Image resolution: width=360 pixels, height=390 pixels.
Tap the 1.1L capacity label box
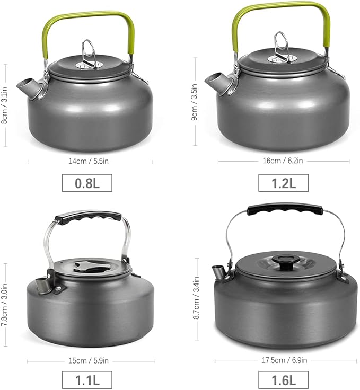(87, 379)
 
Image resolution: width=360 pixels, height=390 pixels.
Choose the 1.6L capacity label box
(283, 379)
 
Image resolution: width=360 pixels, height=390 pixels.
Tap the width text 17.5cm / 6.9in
(284, 361)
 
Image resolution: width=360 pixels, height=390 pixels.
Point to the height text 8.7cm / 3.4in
(196, 300)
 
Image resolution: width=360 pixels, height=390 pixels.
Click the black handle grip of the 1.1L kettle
(89, 217)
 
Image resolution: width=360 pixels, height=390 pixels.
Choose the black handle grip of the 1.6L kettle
(284, 208)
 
